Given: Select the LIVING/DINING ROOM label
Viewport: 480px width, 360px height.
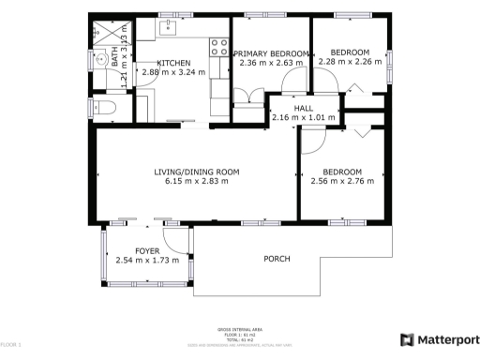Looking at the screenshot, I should (198, 172).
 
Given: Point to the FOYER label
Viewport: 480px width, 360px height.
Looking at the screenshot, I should (147, 250).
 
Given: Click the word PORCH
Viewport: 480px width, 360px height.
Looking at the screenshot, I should (276, 259).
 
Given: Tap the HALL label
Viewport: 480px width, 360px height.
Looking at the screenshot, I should (303, 108).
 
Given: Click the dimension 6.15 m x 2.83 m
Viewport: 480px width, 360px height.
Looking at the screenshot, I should (198, 182).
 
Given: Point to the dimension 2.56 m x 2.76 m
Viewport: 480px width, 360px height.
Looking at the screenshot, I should (342, 182).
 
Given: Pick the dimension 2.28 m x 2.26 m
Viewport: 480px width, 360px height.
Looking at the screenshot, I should (350, 63).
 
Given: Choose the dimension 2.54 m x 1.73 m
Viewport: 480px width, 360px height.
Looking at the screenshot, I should (147, 260).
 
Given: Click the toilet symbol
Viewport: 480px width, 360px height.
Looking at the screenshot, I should (104, 108).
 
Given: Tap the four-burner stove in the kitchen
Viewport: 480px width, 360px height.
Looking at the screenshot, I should (217, 44).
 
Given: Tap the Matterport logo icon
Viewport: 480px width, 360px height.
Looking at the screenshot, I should (408, 339).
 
